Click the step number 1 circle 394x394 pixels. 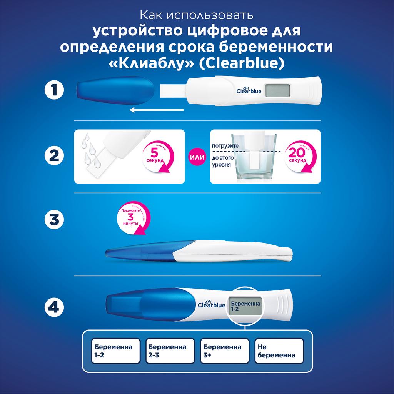[x=54, y=90]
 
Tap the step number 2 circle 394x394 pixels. [x=54, y=155]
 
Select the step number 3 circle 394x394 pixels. [x=54, y=219]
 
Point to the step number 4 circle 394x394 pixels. [x=54, y=307]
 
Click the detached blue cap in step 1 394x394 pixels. [x=115, y=91]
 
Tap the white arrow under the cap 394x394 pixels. [x=157, y=110]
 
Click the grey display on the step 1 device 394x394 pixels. [x=278, y=90]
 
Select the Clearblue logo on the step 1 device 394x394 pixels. [x=249, y=90]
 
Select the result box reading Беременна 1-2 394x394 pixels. [x=115, y=351]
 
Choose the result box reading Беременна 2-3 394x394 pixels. [x=170, y=351]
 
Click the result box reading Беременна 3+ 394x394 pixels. [x=225, y=351]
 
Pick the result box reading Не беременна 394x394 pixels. [x=279, y=351]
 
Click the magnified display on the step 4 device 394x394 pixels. [x=245, y=306]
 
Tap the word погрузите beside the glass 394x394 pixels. [x=225, y=146]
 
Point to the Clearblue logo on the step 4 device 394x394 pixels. [x=211, y=304]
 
